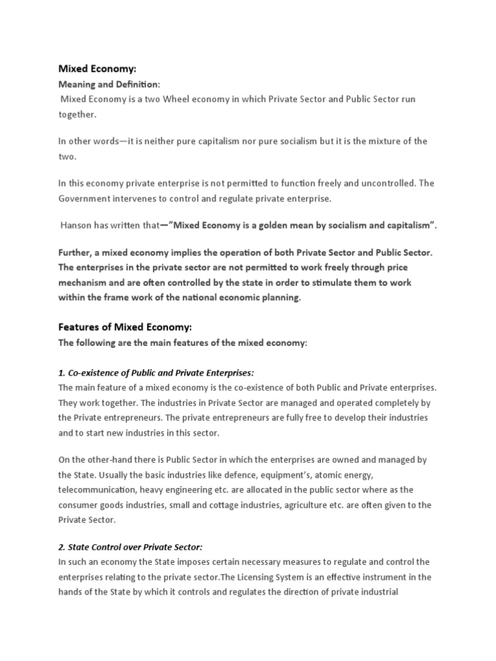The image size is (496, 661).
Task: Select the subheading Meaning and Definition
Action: coord(109,85)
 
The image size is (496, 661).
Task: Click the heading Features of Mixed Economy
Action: coord(125,327)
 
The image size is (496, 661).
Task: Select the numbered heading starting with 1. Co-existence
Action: coord(156,373)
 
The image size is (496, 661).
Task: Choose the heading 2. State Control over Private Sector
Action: coord(130,528)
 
